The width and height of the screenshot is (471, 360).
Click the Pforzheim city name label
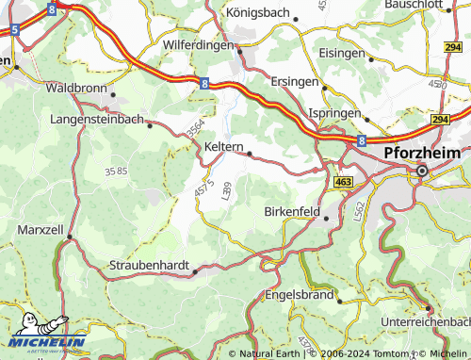tap(423, 153)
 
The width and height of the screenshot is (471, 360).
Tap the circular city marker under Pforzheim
tap(421, 171)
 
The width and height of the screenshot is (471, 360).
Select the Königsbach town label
tap(261, 12)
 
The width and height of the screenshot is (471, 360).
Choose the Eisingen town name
tap(341, 53)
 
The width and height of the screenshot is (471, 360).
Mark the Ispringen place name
tap(336, 112)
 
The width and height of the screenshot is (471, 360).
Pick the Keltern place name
tap(224, 148)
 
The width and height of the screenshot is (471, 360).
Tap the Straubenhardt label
tap(150, 266)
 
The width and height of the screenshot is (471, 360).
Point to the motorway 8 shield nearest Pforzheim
tap(361, 139)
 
